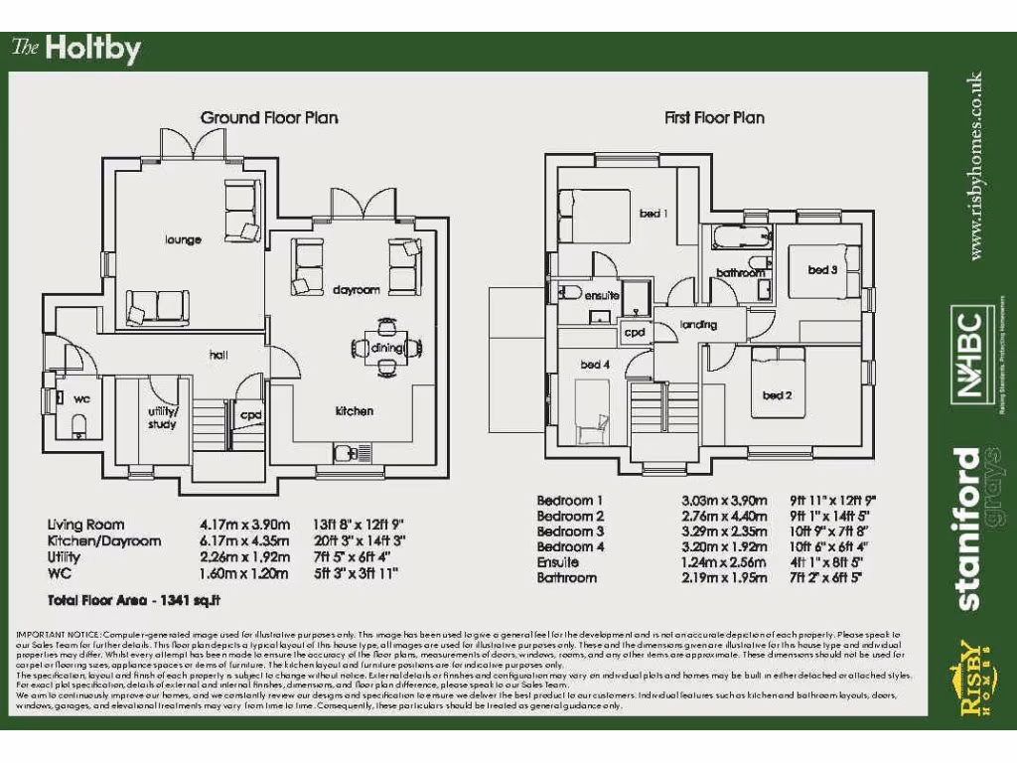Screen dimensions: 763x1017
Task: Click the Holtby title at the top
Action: click(76, 49)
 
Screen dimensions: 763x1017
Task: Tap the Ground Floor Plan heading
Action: click(269, 117)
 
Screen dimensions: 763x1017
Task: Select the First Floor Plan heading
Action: click(714, 117)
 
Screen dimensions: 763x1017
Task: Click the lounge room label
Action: click(183, 239)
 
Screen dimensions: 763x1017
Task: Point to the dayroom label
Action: click(357, 290)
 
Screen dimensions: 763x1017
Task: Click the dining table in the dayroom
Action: click(386, 347)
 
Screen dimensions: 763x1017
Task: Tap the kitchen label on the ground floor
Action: click(354, 410)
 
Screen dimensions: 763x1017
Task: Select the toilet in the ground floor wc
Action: click(79, 424)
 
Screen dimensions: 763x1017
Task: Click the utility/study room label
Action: click(162, 417)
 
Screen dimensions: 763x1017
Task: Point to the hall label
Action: click(218, 354)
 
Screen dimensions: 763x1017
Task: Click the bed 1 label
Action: click(652, 214)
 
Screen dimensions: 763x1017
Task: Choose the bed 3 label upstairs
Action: click(822, 269)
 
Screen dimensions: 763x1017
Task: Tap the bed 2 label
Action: click(777, 395)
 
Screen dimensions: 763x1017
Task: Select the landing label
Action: click(699, 325)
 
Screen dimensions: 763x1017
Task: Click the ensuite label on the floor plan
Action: click(602, 296)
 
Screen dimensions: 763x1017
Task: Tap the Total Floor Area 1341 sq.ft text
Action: click(133, 600)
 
